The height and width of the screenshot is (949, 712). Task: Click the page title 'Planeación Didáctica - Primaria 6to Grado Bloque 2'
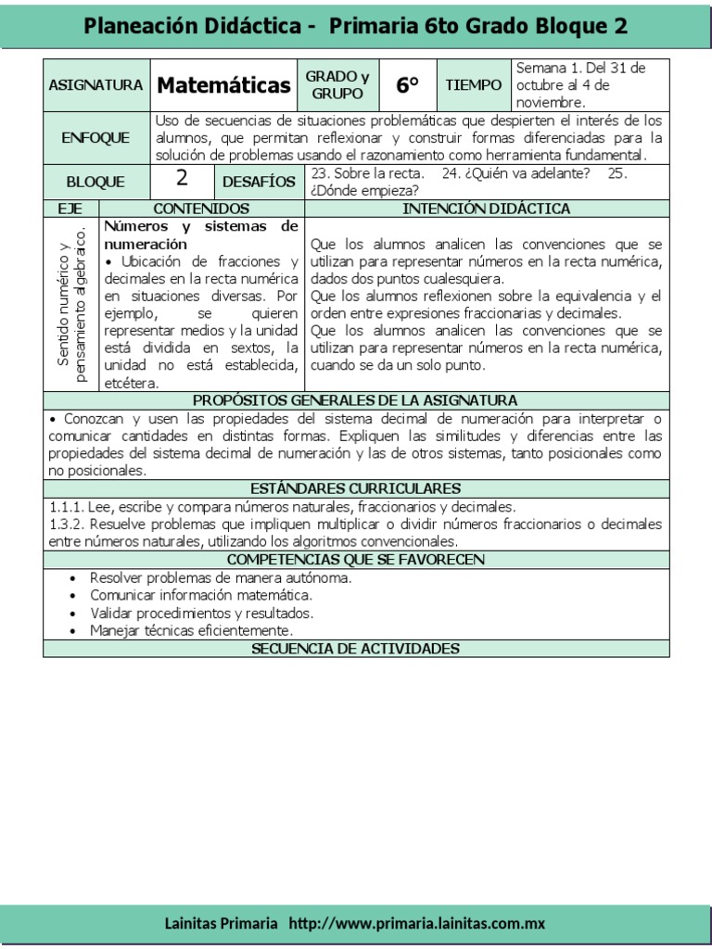(356, 26)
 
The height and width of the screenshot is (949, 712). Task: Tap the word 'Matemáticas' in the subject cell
(223, 86)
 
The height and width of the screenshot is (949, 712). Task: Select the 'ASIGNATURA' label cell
(95, 85)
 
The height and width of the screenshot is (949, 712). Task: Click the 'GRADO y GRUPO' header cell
(338, 85)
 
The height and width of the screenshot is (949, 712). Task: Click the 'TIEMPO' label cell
(473, 85)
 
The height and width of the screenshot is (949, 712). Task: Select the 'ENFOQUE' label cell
(95, 138)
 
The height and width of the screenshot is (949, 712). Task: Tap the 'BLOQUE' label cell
(95, 183)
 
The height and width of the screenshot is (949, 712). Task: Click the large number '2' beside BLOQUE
(182, 181)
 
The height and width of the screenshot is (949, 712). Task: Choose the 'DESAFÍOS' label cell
(260, 182)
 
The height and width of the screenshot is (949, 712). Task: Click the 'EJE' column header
(70, 209)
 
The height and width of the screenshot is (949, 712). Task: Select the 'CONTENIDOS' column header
(201, 209)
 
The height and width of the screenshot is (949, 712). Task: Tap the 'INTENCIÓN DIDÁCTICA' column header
(487, 209)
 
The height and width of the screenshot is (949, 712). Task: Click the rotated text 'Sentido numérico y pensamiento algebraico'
(71, 304)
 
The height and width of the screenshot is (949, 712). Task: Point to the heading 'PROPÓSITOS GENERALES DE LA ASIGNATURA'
(356, 400)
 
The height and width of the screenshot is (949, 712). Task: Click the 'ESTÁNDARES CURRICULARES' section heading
(356, 488)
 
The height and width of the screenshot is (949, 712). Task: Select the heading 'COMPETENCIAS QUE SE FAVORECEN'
(356, 560)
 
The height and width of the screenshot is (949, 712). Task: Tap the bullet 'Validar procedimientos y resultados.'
(201, 613)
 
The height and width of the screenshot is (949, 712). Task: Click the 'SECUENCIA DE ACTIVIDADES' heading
(356, 649)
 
